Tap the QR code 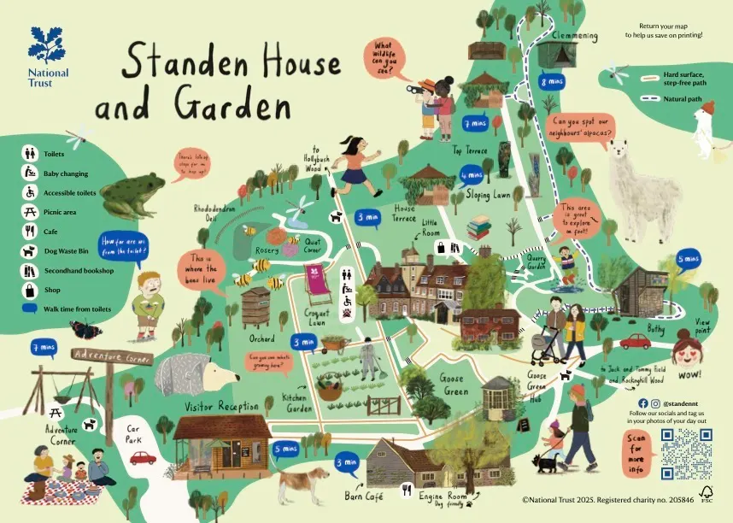pyautogui.click(x=687, y=454)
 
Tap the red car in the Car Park pyautogui.click(x=143, y=457)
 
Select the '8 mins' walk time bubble pyautogui.click(x=549, y=82)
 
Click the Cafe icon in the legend pyautogui.click(x=29, y=231)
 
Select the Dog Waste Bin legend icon pyautogui.click(x=29, y=251)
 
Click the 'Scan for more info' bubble pyautogui.click(x=639, y=453)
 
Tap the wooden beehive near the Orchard pyautogui.click(x=255, y=307)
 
